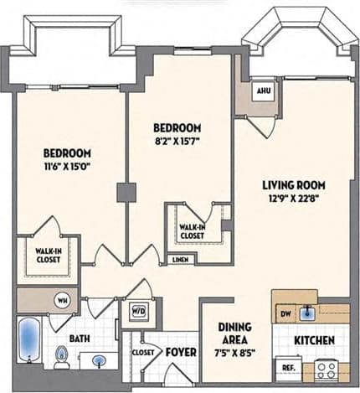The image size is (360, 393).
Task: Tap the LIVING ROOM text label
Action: click(293, 185)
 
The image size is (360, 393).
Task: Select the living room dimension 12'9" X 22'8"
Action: click(293, 199)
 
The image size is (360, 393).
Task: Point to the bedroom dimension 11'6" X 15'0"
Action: click(68, 166)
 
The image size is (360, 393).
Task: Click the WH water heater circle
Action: click(62, 299)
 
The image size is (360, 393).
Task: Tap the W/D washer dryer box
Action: click(135, 311)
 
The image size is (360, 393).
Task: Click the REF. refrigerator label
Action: click(287, 367)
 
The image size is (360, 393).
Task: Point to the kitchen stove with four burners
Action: click(326, 368)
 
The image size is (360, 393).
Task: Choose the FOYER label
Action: click(179, 352)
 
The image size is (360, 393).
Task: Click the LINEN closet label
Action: click(179, 261)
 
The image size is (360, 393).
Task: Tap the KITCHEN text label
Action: click(314, 340)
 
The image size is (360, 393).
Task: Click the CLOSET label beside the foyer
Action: click(143, 353)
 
